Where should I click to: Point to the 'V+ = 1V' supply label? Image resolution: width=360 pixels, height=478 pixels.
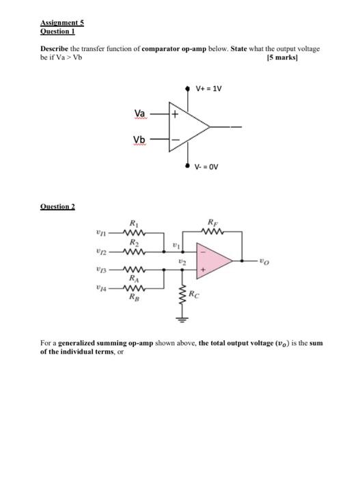point(208,89)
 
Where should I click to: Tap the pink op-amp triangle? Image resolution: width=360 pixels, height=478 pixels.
point(212,260)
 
